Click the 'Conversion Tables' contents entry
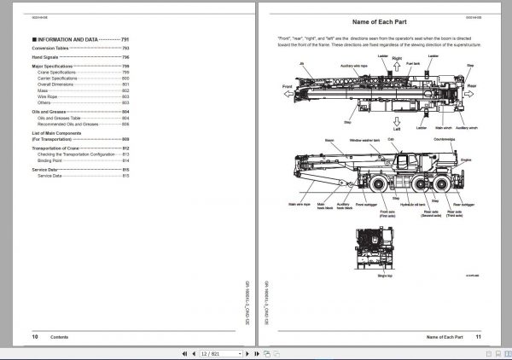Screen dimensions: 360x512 [49, 49]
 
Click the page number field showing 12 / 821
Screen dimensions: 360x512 [210, 352]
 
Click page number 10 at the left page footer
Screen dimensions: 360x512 [35, 337]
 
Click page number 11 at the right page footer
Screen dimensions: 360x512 [479, 337]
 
